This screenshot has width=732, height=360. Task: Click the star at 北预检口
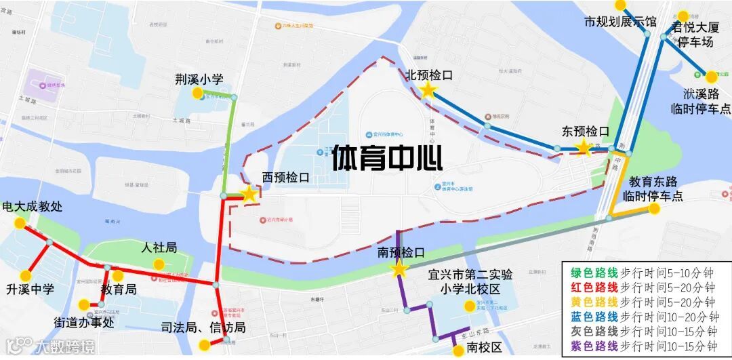(428, 91)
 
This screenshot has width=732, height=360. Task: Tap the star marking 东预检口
(583, 148)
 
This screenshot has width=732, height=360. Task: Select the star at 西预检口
(249, 195)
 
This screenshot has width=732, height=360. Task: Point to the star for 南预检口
(399, 270)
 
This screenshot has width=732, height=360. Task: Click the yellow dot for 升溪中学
(26, 276)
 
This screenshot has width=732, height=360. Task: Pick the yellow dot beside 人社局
(159, 264)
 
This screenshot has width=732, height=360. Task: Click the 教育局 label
(119, 289)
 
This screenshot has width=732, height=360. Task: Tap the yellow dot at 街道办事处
(83, 304)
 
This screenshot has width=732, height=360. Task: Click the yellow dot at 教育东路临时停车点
(654, 209)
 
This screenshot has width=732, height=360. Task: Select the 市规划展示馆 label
(620, 22)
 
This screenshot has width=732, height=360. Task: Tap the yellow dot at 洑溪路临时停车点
(711, 77)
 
